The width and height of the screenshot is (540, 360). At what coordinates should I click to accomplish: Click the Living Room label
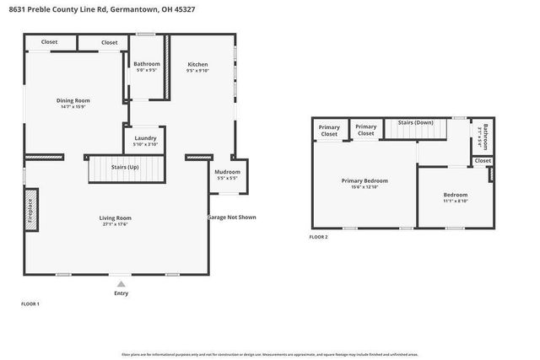coord(116,218)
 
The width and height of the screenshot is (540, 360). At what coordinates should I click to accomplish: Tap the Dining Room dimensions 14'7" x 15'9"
coord(74,107)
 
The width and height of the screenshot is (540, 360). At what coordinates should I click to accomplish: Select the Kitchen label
coord(197,65)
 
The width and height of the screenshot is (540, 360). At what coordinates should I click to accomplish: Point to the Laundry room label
coord(146,138)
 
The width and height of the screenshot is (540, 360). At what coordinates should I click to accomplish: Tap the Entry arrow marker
coord(121,284)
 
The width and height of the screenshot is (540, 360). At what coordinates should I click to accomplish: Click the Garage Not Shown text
coord(231,218)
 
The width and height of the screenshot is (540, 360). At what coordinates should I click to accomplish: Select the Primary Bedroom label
coord(364,180)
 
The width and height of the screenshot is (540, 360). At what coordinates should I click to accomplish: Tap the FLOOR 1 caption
coord(30,304)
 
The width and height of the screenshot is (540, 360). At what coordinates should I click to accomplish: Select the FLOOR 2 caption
coord(318,238)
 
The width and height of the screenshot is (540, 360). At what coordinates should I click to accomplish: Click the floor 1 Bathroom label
coord(147,64)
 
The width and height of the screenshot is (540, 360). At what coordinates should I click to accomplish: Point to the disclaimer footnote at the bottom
coord(270,354)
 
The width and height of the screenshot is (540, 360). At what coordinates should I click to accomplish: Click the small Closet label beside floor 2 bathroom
coord(483,160)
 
